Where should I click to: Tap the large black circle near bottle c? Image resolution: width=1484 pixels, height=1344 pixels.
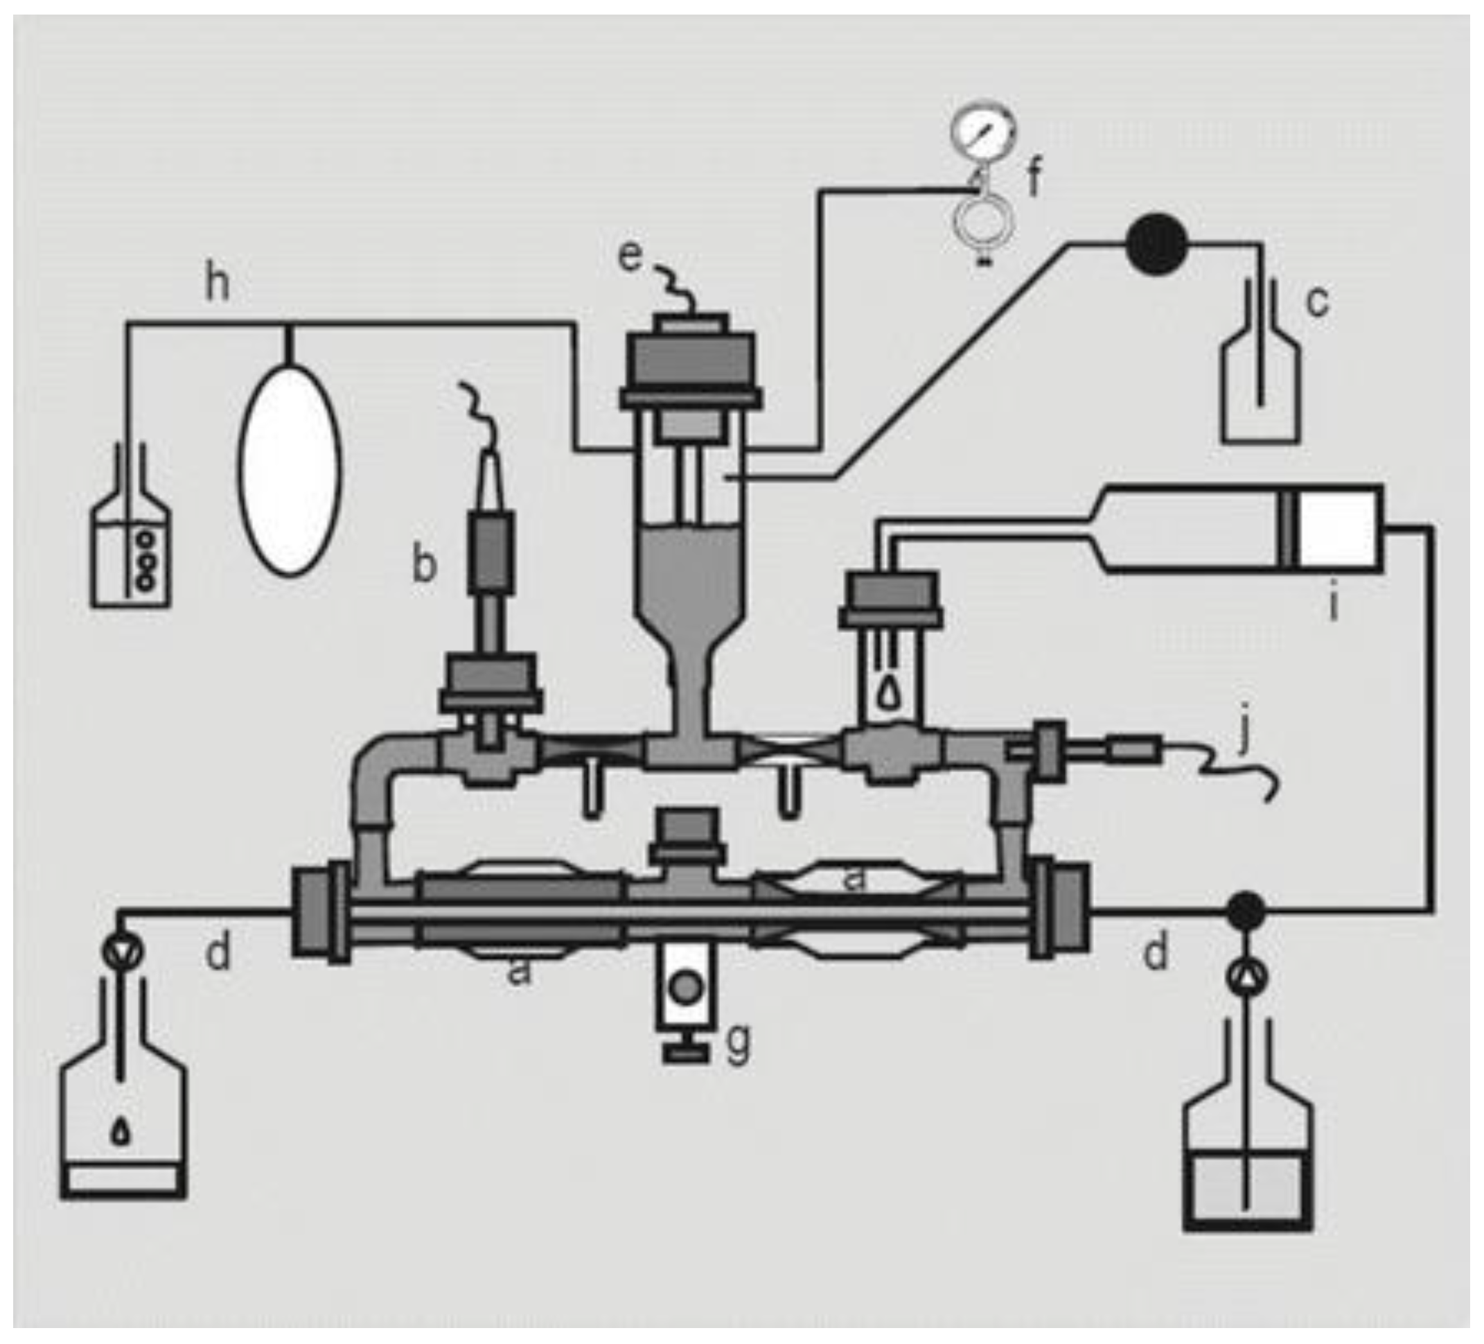coord(1156,244)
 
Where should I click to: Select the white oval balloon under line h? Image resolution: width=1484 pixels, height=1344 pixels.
coord(290,471)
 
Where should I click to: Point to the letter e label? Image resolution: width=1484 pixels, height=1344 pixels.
coord(630,256)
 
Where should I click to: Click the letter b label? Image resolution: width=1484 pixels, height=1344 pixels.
coord(424,566)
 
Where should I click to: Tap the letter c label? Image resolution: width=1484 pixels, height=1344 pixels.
coord(1317,302)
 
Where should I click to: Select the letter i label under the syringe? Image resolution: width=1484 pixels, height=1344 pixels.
coord(1333,605)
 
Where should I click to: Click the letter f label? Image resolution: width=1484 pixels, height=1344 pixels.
coord(1035,179)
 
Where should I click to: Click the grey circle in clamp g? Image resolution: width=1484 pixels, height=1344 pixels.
coord(686,988)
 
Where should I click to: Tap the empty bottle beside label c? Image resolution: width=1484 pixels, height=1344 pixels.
coord(1260,390)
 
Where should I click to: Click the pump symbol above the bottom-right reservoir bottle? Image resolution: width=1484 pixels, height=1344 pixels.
coord(1246,977)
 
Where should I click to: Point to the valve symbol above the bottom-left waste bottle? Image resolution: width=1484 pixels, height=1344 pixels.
coord(122,952)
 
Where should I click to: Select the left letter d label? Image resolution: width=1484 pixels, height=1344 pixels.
coord(217,953)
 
